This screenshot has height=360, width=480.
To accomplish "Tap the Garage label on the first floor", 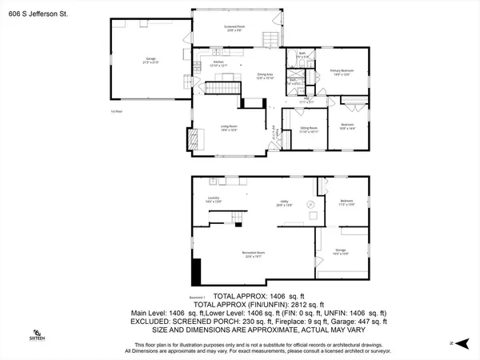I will click(150, 59).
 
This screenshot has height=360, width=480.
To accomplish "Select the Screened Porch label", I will click(234, 28).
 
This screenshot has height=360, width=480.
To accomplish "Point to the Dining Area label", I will click(265, 77).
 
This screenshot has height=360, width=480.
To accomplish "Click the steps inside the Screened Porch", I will click(270, 41).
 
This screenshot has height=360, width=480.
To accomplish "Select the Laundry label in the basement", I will click(213, 199).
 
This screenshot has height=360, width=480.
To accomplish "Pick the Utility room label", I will click(282, 204).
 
